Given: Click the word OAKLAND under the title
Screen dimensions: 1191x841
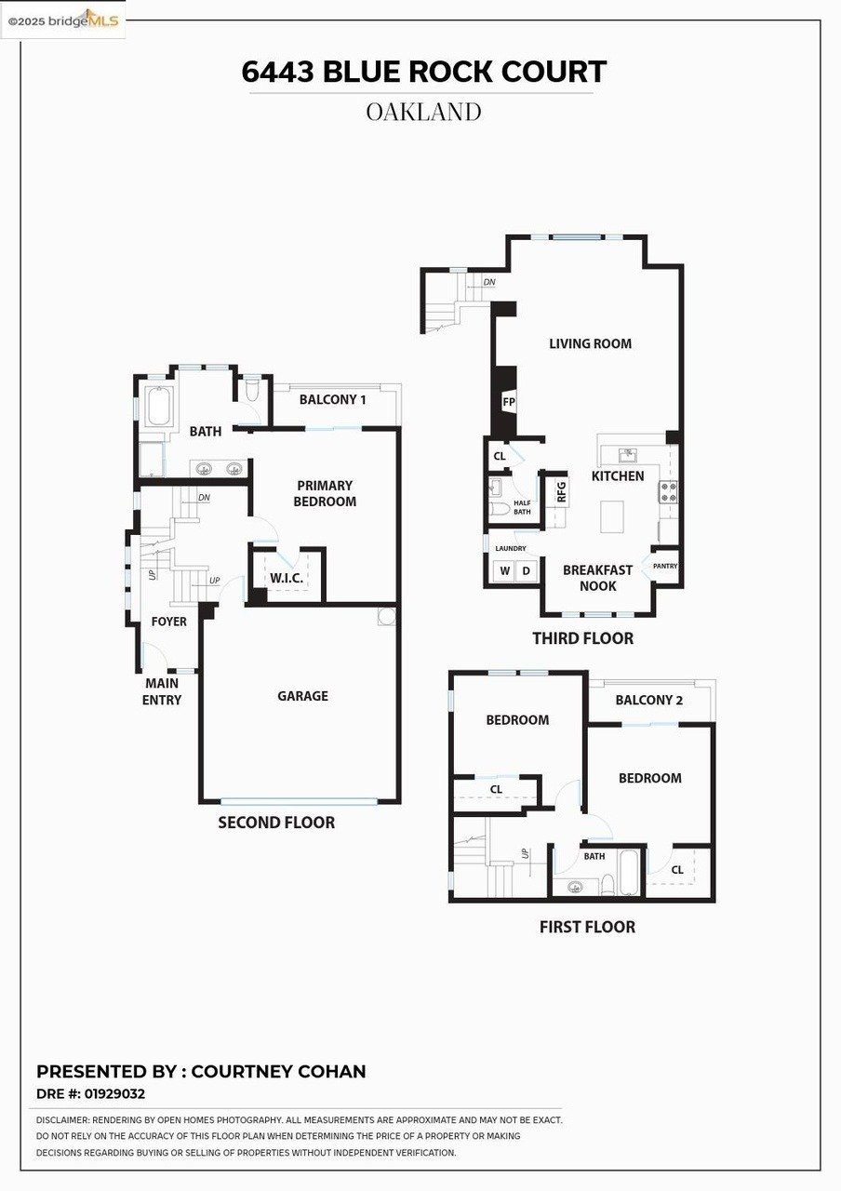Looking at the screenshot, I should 423,112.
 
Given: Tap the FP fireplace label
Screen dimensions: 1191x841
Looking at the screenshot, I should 509,402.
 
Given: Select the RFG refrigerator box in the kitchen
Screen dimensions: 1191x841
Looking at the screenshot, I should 561,492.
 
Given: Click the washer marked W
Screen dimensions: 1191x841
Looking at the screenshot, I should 504,570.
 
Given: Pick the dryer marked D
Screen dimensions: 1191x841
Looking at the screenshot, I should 526,570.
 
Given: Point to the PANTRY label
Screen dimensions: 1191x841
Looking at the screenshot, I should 665,566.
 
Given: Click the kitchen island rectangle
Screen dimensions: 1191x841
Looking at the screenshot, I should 611,516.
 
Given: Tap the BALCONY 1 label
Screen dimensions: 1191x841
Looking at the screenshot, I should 332,400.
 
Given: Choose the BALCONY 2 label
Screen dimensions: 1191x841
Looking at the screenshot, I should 649,700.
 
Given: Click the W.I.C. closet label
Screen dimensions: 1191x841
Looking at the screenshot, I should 287,578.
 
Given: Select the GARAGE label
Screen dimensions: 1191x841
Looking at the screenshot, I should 302,696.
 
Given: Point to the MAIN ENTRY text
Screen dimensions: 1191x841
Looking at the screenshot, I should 162,691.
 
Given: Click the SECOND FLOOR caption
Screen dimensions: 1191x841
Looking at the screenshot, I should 276,823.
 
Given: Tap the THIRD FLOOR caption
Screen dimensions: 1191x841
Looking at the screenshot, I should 582,638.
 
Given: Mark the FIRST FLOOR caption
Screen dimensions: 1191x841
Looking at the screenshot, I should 587,927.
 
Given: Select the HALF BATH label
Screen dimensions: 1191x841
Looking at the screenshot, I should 522,506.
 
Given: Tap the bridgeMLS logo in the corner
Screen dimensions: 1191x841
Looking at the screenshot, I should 62,20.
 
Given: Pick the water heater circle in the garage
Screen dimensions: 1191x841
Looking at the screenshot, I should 387,616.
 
